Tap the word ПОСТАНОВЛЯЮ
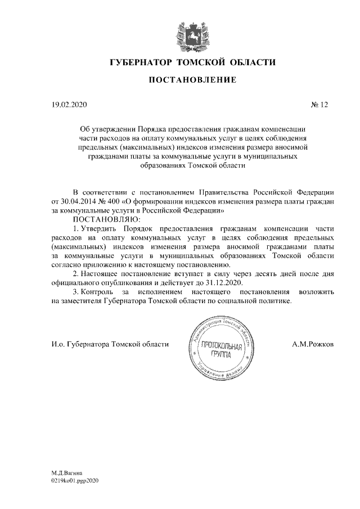click(103, 219)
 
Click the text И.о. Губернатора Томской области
click(106, 344)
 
